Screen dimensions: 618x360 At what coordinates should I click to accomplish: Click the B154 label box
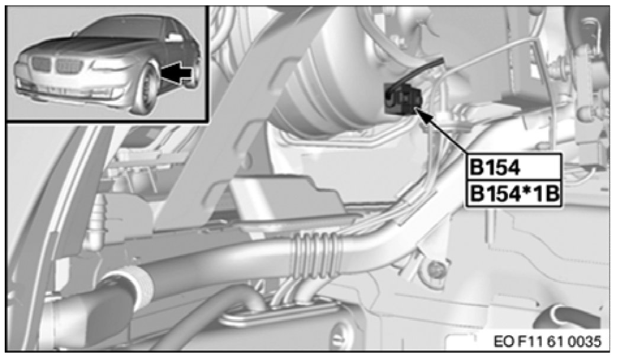[513, 167]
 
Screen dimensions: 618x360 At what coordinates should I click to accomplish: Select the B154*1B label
[513, 194]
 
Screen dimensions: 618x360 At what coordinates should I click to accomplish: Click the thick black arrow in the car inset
[177, 74]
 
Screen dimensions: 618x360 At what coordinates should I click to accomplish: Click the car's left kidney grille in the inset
[41, 65]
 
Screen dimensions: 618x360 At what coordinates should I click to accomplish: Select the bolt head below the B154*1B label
[434, 270]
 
